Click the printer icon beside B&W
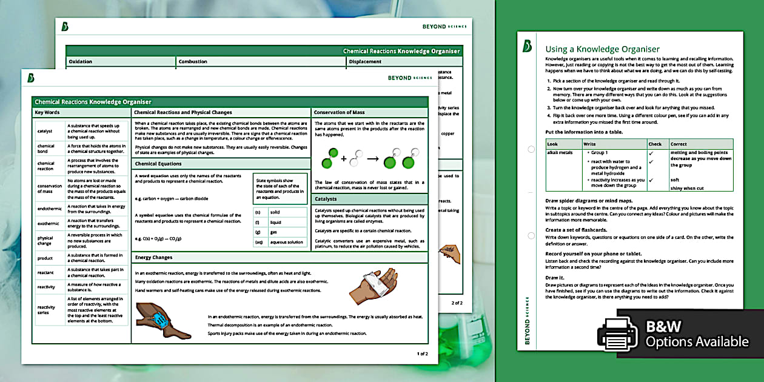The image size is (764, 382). (x=617, y=333)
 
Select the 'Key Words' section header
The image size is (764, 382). (x=47, y=113)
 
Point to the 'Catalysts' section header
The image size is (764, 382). (x=326, y=199)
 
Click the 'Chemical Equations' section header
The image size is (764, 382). (x=158, y=164)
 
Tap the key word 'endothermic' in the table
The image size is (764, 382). (x=46, y=209)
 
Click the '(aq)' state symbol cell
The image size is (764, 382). (x=258, y=242)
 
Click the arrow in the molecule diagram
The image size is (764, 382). (x=372, y=159)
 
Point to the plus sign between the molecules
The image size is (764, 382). (x=344, y=159)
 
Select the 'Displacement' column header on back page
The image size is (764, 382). (x=366, y=61)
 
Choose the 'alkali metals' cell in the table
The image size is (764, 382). (x=560, y=153)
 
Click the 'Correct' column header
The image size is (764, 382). (x=679, y=144)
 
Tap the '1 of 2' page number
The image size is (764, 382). (x=422, y=354)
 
